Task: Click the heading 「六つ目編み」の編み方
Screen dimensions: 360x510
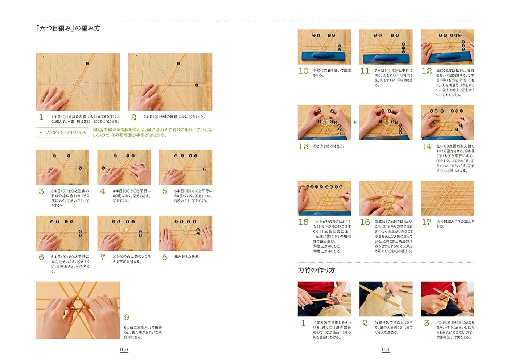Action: pyautogui.click(x=68, y=28)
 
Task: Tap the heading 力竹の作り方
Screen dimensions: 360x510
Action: pyautogui.click(x=316, y=270)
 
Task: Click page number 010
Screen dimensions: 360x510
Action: pyautogui.click(x=124, y=349)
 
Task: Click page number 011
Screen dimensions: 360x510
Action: pyautogui.click(x=386, y=349)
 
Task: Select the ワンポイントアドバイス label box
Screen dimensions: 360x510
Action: pyautogui.click(x=62, y=132)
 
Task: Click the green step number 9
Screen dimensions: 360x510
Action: pyautogui.click(x=127, y=318)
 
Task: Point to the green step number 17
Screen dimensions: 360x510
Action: pyautogui.click(x=427, y=222)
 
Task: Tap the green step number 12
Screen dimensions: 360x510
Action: pyautogui.click(x=427, y=71)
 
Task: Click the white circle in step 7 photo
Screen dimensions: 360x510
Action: pyautogui.click(x=123, y=229)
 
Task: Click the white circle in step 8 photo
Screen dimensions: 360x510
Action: pyautogui.click(x=185, y=227)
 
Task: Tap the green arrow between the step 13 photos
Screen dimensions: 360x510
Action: pyautogui.click(x=355, y=123)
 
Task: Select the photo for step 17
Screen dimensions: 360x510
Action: pyautogui.click(x=447, y=198)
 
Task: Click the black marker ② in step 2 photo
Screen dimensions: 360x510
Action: pyautogui.click(x=196, y=85)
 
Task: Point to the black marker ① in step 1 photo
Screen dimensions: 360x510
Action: pyautogui.click(x=87, y=63)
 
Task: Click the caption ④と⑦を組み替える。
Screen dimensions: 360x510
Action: pyautogui.click(x=329, y=146)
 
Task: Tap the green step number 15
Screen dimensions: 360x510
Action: pyautogui.click(x=303, y=222)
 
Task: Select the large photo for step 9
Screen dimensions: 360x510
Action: pyautogui.click(x=78, y=310)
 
